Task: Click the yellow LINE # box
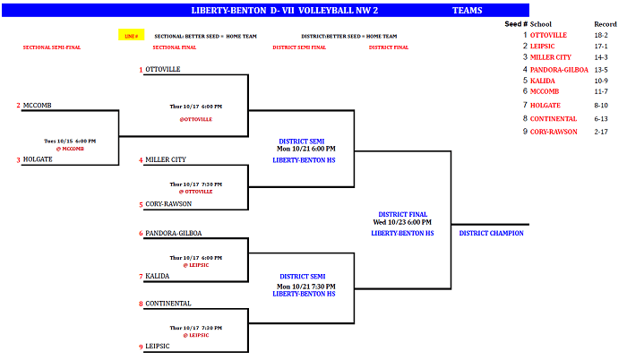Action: [x=131, y=35]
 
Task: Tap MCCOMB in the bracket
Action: [x=37, y=105]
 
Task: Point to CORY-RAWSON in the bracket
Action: [x=168, y=203]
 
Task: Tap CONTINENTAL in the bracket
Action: [x=167, y=303]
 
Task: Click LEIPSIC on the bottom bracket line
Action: [x=158, y=347]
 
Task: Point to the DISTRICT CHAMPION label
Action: [x=491, y=233]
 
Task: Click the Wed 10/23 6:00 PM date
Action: [x=403, y=222]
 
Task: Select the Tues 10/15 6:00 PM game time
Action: [x=70, y=141]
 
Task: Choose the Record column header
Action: [x=603, y=23]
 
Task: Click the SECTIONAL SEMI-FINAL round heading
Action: [x=49, y=47]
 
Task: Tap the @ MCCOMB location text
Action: [x=70, y=149]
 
